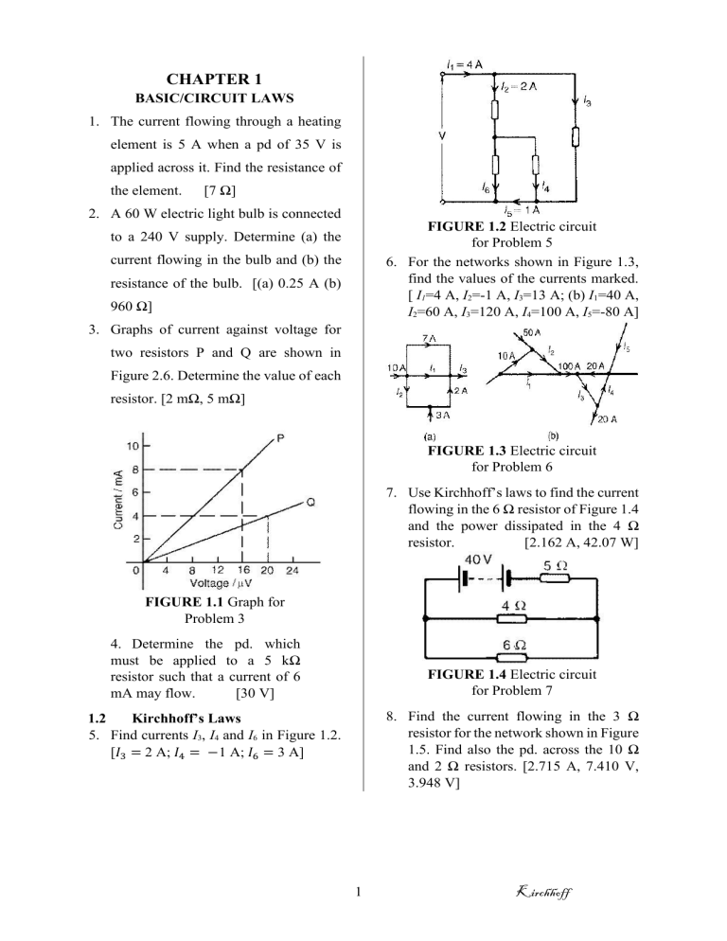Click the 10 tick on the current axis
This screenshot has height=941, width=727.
[133, 446]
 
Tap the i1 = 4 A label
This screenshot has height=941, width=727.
[464, 64]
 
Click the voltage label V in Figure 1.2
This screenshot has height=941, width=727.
[441, 133]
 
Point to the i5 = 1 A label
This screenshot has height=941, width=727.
[522, 210]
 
